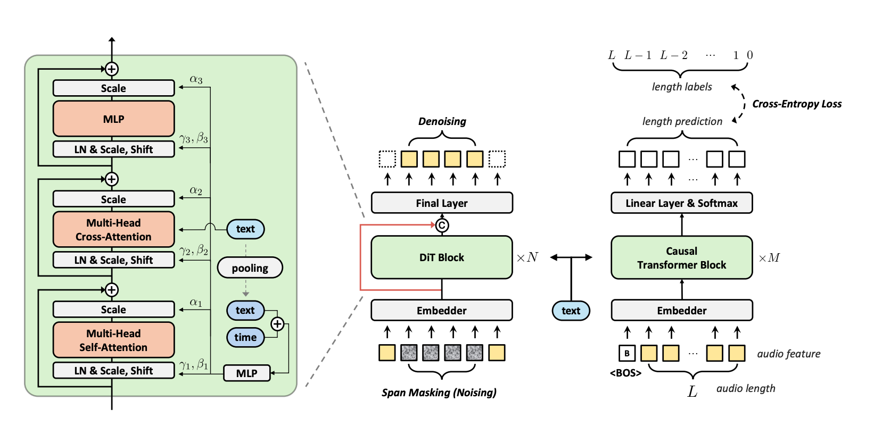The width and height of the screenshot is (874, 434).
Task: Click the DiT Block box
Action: click(441, 257)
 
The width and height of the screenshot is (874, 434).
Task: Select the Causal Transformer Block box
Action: click(681, 257)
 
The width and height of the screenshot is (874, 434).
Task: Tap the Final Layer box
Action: click(441, 203)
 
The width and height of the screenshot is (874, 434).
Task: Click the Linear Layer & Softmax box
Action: click(681, 203)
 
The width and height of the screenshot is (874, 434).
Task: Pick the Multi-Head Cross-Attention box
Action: click(113, 230)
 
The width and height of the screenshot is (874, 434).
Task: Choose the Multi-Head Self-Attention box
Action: click(113, 340)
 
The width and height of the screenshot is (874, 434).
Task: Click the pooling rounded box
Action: click(250, 268)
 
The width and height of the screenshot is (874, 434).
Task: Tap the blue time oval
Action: click(245, 337)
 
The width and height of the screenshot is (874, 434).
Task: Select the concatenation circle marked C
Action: click(442, 226)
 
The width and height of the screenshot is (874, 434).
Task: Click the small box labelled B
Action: click(627, 353)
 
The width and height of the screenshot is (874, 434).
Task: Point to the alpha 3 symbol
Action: click(196, 80)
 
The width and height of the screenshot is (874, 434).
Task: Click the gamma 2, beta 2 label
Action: click(194, 251)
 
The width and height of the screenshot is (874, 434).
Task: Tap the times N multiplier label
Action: click(527, 257)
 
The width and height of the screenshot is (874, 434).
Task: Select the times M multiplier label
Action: click(769, 258)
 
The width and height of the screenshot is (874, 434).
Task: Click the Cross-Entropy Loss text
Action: click(796, 104)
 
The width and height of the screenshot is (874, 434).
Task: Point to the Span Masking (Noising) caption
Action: click(439, 393)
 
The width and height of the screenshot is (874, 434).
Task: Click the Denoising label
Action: click(442, 122)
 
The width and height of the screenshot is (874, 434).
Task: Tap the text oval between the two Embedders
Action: click(571, 311)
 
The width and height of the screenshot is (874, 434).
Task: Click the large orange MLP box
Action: click(113, 119)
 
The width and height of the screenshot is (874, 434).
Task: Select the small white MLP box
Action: click(246, 373)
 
